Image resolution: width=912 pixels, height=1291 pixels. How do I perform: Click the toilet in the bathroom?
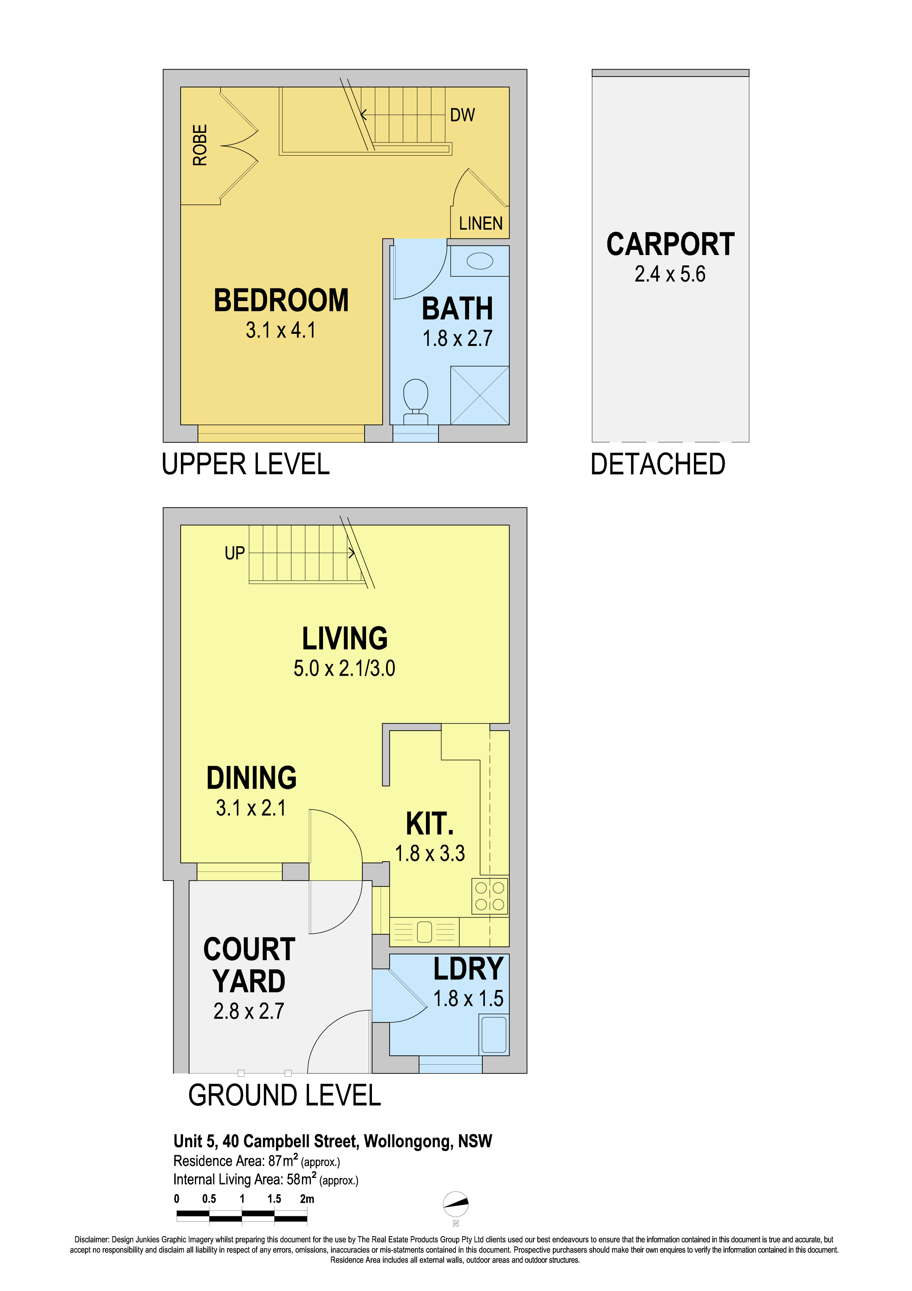pos(416,401)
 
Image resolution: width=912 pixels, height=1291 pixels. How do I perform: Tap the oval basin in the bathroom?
pos(480,261)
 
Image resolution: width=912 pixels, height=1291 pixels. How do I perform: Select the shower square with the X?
pos(480,395)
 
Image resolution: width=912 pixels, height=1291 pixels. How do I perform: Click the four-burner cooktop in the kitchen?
pos(489,896)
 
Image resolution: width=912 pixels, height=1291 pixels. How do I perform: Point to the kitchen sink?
pos(424,932)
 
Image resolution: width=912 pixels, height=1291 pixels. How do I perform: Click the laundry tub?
pos(494,1034)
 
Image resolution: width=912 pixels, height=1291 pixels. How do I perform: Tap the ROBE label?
pos(200,145)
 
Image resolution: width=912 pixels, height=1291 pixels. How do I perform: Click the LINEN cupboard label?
pos(480,223)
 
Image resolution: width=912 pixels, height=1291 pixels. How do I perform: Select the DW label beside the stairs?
pos(462,115)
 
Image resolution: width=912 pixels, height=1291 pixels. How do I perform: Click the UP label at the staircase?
pos(235,553)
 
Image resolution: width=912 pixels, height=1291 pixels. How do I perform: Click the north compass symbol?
pos(456,1203)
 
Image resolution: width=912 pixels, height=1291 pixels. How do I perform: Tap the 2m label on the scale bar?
pos(307,1199)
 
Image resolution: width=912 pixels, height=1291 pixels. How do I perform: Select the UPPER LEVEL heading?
pos(245,464)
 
